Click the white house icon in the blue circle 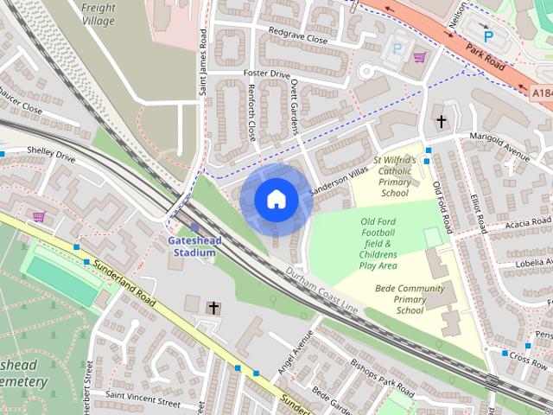point(276,200)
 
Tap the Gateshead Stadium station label point(194,246)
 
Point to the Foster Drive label point(267,74)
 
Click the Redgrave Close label point(298,40)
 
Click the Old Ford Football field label point(378,244)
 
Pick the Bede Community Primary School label point(410,299)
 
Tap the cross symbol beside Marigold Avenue point(442,122)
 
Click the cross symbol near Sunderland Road point(213,307)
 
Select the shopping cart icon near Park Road point(420,58)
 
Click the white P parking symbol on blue point(487,36)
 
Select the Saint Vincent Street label point(143,403)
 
